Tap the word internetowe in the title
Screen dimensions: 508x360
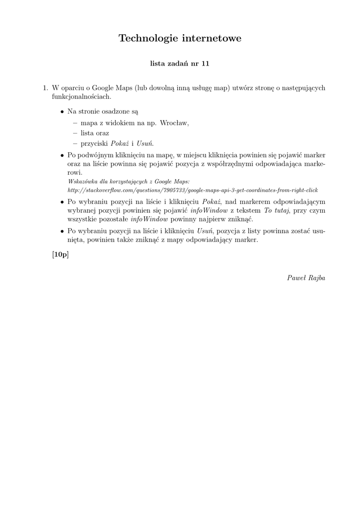pos(212,39)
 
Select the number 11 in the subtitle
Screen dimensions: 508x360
pos(205,63)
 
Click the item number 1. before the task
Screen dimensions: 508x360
pos(45,88)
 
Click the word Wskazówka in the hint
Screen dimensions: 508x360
pos(82,182)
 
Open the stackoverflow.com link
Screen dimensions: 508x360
pos(193,190)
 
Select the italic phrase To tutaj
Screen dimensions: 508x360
pos(277,210)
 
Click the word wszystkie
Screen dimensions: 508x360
pos(82,219)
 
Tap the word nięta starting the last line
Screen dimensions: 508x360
pos(76,240)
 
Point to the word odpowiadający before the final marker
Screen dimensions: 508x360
pos(214,240)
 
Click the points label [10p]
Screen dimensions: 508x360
pos(60,254)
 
